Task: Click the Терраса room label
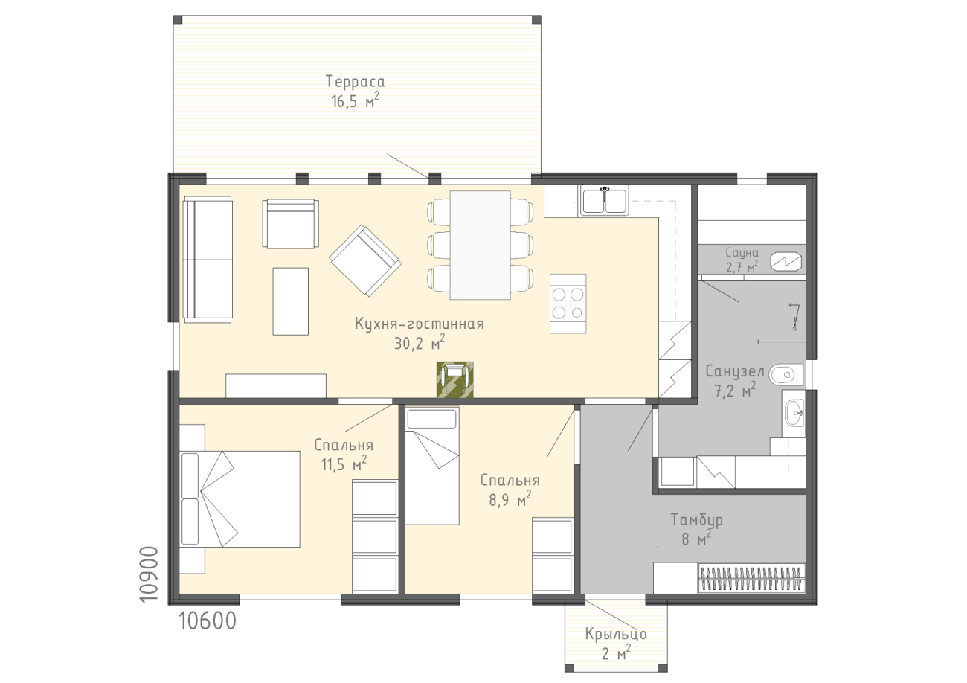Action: (355, 82)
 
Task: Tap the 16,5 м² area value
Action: (355, 100)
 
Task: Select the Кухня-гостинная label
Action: (420, 324)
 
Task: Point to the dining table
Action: (480, 246)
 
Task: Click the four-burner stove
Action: (568, 304)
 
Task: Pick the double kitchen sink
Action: (605, 200)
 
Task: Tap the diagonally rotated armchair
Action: (365, 260)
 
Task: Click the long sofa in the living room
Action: (208, 260)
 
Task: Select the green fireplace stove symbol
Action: (455, 379)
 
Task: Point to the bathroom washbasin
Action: (794, 413)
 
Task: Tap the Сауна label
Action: (742, 252)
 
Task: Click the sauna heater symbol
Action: (786, 260)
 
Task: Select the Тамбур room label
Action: (696, 520)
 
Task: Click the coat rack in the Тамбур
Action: (751, 577)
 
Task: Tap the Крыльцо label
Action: (616, 634)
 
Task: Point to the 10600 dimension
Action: (208, 621)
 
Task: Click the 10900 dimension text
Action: (149, 574)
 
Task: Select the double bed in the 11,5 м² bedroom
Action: (240, 499)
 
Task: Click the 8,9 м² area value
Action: (510, 499)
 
